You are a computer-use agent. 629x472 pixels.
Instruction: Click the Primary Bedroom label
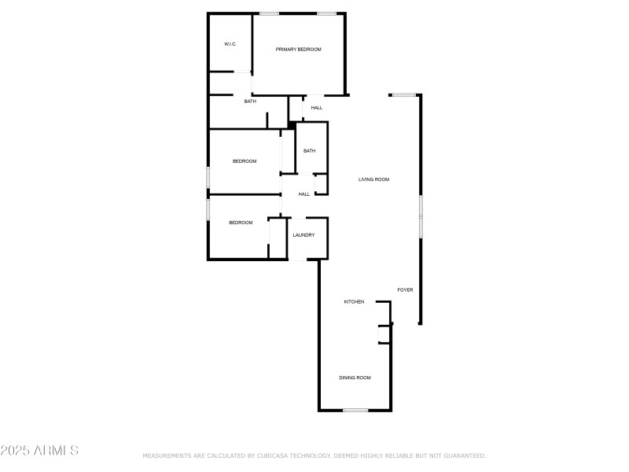pos(298,50)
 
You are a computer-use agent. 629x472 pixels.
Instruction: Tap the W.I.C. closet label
pos(230,44)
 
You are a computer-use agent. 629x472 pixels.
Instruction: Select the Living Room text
pos(373,179)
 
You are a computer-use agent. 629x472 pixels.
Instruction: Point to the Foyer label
pos(405,290)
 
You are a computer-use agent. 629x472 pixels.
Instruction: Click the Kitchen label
pos(354,302)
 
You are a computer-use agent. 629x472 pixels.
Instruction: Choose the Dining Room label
pos(355,378)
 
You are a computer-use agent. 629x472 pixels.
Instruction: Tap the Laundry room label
pos(303,235)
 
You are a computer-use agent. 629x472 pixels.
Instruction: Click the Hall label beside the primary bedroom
pos(317,108)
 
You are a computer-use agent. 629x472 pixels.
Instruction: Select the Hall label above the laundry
pos(303,194)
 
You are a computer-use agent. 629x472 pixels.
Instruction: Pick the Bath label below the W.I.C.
pos(249,101)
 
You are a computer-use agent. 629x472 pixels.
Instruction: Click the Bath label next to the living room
pos(309,151)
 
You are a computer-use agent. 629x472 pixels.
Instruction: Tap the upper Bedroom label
pos(245,161)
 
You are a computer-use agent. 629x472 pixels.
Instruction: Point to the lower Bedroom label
pos(241,223)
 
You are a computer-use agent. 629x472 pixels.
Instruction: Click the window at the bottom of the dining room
pos(355,410)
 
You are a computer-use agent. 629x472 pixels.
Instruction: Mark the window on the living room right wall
pos(421,216)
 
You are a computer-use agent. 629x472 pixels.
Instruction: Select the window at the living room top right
pos(404,95)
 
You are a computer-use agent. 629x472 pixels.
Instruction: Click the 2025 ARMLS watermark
pos(39,451)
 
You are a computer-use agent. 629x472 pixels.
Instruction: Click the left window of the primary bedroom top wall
pos(269,13)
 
